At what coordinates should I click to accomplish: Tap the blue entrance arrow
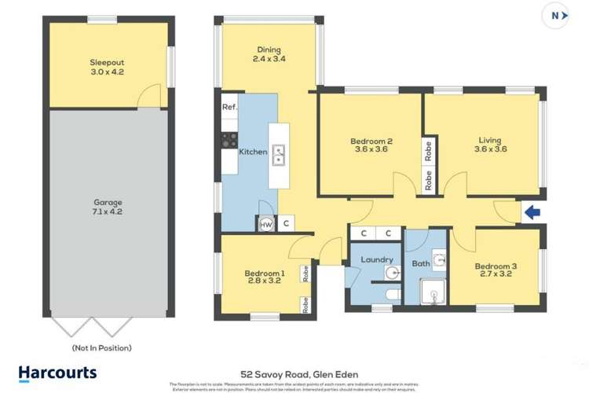pyautogui.click(x=532, y=211)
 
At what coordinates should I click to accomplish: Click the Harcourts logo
pyautogui.click(x=57, y=373)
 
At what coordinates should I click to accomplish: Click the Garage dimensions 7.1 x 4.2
pyautogui.click(x=108, y=211)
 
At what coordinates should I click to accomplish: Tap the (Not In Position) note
pyautogui.click(x=101, y=347)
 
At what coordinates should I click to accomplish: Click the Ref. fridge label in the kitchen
pyautogui.click(x=229, y=107)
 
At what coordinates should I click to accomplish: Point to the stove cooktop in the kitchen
pyautogui.click(x=229, y=140)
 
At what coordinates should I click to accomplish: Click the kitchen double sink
pyautogui.click(x=279, y=156)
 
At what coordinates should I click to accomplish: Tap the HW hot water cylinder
pyautogui.click(x=265, y=224)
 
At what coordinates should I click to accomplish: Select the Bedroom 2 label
pyautogui.click(x=371, y=142)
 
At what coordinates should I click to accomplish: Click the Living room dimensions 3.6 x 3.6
pyautogui.click(x=489, y=151)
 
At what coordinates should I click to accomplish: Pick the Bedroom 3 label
pyautogui.click(x=496, y=266)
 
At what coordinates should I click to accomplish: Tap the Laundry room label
pyautogui.click(x=376, y=259)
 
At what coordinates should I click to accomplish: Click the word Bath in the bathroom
pyautogui.click(x=421, y=264)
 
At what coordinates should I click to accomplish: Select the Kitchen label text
pyautogui.click(x=253, y=152)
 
